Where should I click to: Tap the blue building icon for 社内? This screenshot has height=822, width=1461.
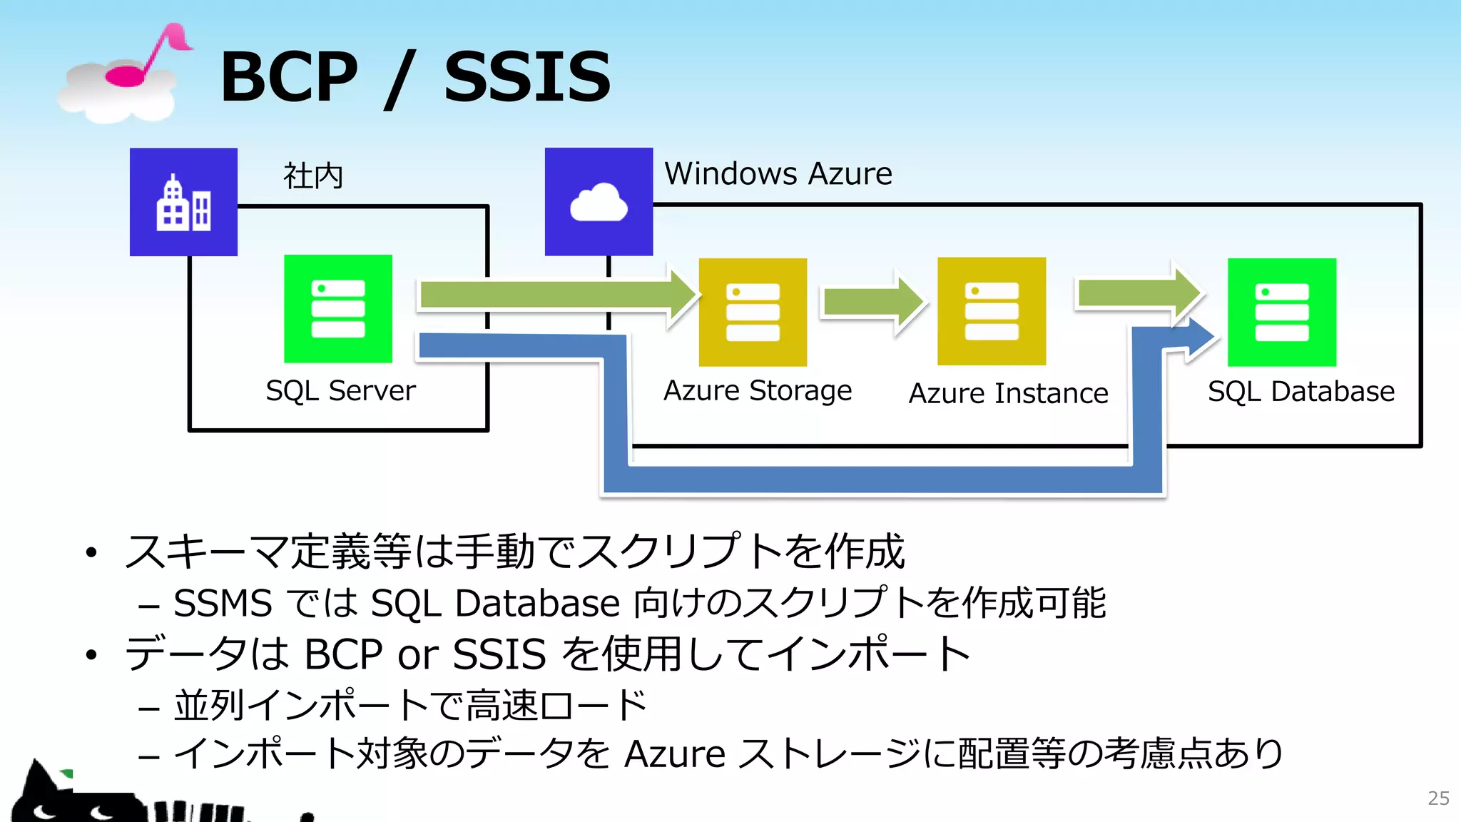coord(183,202)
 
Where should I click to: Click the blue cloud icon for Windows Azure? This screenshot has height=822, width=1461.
coord(599,202)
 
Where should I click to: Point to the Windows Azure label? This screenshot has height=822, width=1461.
coord(778,174)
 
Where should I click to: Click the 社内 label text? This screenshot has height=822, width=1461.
coord(313,176)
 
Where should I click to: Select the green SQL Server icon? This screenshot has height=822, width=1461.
coord(338,309)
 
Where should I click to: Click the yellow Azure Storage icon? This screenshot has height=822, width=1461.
coord(753,313)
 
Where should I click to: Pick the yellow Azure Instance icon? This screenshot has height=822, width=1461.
coord(992,312)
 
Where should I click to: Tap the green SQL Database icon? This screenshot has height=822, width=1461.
coord(1281,313)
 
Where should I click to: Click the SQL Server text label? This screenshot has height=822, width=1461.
coord(340,391)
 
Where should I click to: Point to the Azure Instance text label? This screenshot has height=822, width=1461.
coord(1008,394)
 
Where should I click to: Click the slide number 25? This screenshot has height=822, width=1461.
coord(1438,798)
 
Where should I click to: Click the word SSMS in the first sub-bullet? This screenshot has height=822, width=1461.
coord(223,604)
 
